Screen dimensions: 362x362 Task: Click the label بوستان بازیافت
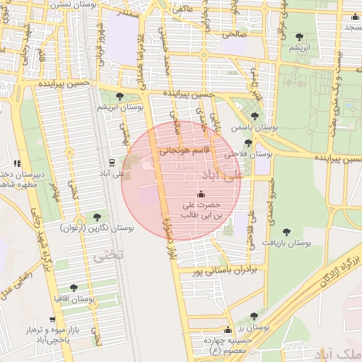tap(288, 243)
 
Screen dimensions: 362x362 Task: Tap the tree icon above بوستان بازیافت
tap(286, 232)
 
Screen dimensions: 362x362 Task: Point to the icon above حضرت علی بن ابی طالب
tap(202, 194)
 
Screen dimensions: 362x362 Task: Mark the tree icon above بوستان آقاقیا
tap(74, 288)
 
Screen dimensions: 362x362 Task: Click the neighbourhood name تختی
tap(110, 255)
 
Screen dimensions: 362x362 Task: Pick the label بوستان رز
tap(255, 327)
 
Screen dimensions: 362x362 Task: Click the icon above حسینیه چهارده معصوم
tap(227, 330)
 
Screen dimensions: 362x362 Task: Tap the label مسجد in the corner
tap(350, 26)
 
